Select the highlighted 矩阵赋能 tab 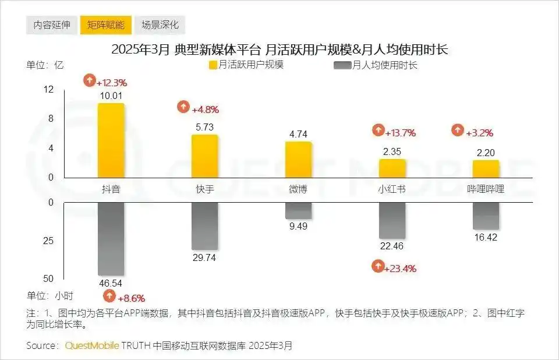(105, 25)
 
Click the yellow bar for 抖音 (111, 140)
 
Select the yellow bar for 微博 (298, 159)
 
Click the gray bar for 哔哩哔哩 (486, 216)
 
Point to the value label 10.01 (111, 96)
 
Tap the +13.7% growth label (402, 133)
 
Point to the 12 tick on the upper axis (48, 89)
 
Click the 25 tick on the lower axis (48, 241)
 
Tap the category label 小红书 (392, 189)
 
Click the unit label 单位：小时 (50, 295)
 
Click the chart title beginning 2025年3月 (279, 50)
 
